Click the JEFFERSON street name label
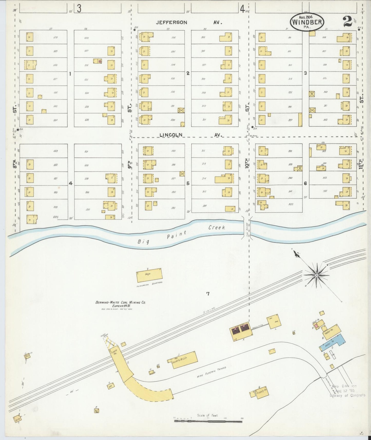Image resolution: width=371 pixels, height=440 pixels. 172,23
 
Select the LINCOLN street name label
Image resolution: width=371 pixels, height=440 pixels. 171,135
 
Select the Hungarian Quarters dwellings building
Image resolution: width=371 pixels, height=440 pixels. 149,275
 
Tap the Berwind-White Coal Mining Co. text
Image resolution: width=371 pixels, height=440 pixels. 121,303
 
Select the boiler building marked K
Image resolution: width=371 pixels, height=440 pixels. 241,330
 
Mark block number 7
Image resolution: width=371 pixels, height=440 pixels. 208,294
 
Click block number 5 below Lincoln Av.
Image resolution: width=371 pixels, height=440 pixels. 188,183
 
